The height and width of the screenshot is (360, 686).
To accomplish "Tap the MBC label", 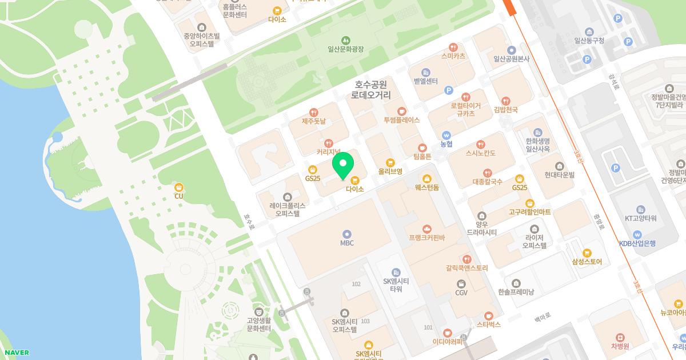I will point(347,243).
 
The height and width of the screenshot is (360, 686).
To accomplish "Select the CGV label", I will point(461,293).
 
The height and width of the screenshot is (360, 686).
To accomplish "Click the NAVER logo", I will point(16,353).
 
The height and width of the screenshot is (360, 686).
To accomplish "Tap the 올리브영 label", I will point(390,171).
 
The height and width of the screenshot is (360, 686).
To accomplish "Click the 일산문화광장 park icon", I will point(345,40).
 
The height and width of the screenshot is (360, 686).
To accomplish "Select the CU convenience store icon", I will point(179,187).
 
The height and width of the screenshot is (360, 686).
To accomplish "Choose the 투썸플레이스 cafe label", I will point(402,120).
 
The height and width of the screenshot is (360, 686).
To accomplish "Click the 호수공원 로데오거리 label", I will point(371,90).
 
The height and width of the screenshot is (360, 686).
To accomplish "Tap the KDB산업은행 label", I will point(637,243).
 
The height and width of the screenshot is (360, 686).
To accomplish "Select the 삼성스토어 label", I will point(587,262).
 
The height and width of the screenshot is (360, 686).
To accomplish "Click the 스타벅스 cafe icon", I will point(489,315).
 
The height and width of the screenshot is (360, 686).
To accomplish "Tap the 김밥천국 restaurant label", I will point(505,109).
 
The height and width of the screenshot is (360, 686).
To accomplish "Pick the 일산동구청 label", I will point(589,41).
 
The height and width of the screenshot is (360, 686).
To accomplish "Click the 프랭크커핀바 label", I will point(426,237).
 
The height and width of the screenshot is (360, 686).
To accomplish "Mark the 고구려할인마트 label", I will point(530,212).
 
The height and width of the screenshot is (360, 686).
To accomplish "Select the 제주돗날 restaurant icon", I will point(313,113).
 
